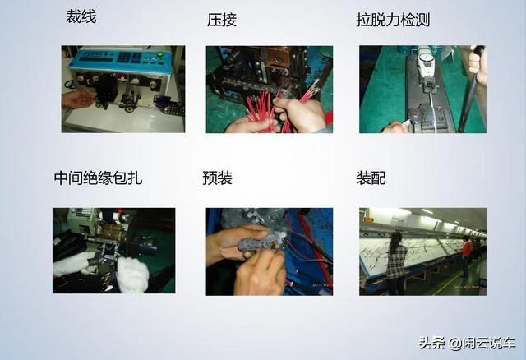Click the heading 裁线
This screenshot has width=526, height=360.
tap(81, 16)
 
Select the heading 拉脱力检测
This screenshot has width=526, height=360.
tap(393, 19)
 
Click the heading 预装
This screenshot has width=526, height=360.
tap(217, 178)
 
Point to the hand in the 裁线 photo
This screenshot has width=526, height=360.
tap(77, 99)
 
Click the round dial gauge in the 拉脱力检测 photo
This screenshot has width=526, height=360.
tap(427, 58)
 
